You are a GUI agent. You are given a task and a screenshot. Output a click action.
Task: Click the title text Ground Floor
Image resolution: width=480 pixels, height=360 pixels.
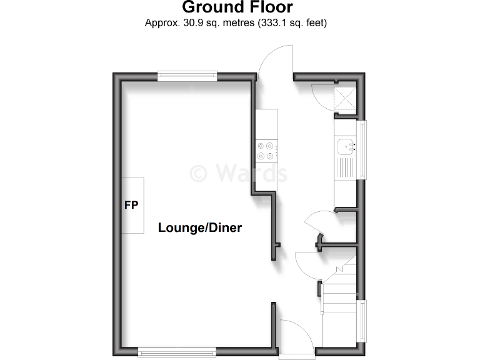click(x=237, y=7)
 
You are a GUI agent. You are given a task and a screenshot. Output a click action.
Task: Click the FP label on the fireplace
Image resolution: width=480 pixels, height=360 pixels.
click(x=131, y=205)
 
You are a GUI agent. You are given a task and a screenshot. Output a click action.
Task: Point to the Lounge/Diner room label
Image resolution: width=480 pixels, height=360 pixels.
click(x=199, y=227)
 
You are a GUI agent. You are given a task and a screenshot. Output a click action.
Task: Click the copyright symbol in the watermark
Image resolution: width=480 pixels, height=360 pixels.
click(x=199, y=172)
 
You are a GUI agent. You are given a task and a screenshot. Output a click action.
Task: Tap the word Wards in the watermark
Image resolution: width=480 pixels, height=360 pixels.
click(x=251, y=172)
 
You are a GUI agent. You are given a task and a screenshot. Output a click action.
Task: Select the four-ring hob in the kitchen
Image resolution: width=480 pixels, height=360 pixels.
click(x=265, y=152)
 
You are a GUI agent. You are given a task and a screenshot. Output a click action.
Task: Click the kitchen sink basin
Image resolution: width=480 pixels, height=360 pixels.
click(x=346, y=147)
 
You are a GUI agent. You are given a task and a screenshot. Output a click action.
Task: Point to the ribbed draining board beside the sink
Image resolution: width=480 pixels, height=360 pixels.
click(x=344, y=167)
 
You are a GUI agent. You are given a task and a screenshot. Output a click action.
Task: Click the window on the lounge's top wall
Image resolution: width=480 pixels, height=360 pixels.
click(x=187, y=76)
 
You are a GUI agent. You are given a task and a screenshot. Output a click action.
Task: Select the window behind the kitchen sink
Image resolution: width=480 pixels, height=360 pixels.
click(x=362, y=149)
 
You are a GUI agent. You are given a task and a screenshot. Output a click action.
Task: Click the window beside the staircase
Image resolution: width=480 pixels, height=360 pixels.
click(x=362, y=322)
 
